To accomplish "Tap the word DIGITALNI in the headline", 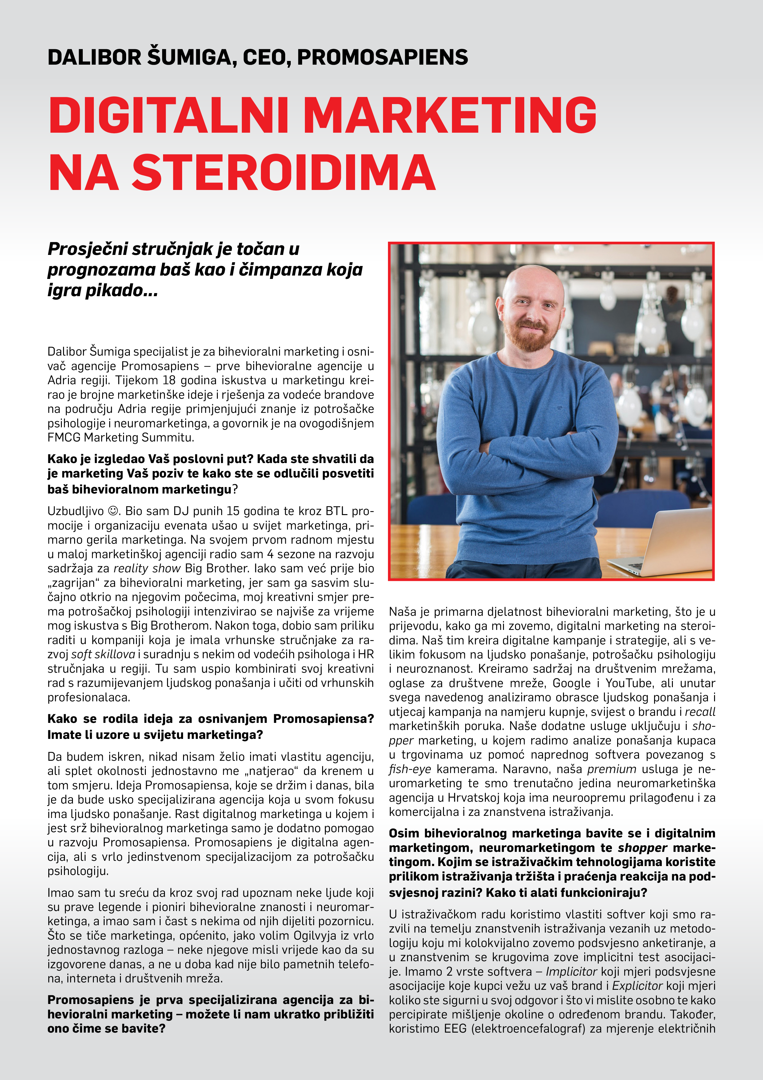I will pyautogui.click(x=168, y=115).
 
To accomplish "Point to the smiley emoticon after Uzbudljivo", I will pyautogui.click(x=113, y=511).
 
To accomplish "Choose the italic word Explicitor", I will pyautogui.click(x=637, y=985).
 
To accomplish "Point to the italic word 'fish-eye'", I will pyautogui.click(x=409, y=769).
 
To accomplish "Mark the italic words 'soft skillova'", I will pyautogui.click(x=103, y=654).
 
